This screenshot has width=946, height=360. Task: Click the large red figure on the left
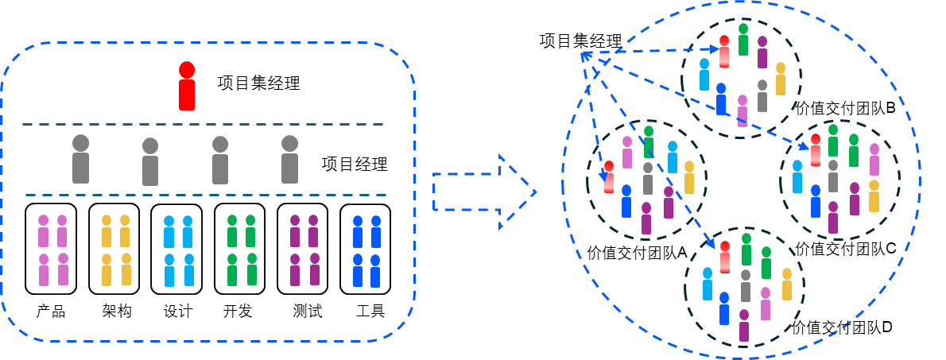pyautogui.click(x=187, y=86)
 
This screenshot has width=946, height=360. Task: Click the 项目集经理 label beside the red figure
pyautogui.click(x=258, y=83)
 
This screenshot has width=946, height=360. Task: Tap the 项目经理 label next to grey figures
pyautogui.click(x=355, y=165)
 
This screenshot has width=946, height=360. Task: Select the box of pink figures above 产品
pyautogui.click(x=52, y=249)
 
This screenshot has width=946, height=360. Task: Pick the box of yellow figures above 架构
pyautogui.click(x=114, y=249)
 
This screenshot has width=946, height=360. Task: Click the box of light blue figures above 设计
pyautogui.click(x=177, y=249)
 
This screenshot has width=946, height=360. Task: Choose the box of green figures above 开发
pyautogui.click(x=240, y=249)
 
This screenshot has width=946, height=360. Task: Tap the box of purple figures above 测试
pyautogui.click(x=303, y=249)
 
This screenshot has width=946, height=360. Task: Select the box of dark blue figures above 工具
pyautogui.click(x=366, y=249)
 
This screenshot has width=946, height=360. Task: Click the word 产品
pyautogui.click(x=51, y=311)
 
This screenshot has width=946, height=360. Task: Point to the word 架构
pyautogui.click(x=116, y=311)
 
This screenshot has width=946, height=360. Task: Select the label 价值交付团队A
pyautogui.click(x=637, y=253)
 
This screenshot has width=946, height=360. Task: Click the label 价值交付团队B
pyautogui.click(x=845, y=107)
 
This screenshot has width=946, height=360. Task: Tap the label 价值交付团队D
pyautogui.click(x=843, y=327)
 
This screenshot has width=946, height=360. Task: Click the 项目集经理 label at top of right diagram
pyautogui.click(x=580, y=41)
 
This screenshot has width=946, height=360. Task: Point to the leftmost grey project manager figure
pyautogui.click(x=80, y=159)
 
